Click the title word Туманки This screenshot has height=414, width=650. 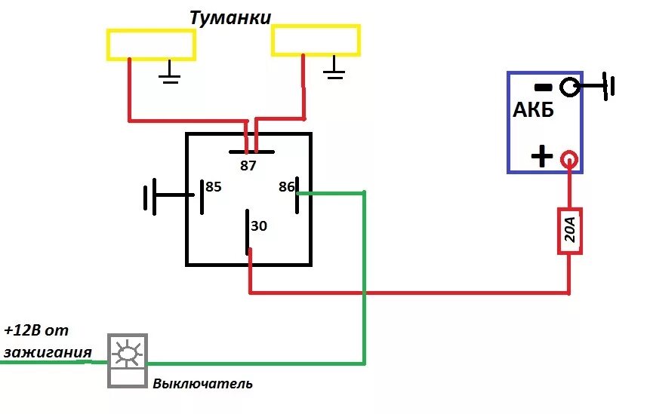pos(230,17)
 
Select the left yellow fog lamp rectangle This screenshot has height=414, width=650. pos(151,44)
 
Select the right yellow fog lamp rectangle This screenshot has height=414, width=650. pos(316,40)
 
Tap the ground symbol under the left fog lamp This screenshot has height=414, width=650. pos(171,74)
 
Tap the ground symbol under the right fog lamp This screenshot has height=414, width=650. pos(334,70)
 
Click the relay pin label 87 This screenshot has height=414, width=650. pos(248,166)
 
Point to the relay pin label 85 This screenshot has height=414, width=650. pos(214,186)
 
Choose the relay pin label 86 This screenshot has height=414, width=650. pos(285,186)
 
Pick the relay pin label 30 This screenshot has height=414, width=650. pos(259,225)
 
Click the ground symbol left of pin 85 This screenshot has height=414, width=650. pos(149,197)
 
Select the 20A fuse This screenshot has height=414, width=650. pos(570,231)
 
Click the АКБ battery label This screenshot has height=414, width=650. pos(534,110)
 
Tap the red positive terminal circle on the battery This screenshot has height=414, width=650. pos(569,159)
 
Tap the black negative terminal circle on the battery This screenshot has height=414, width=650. pos(570,87)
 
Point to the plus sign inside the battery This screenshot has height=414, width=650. pos(541,157)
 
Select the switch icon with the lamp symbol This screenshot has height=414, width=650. pos(127,360)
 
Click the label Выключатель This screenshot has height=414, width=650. pos(202,384)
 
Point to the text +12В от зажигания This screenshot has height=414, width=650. pos(47,341)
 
